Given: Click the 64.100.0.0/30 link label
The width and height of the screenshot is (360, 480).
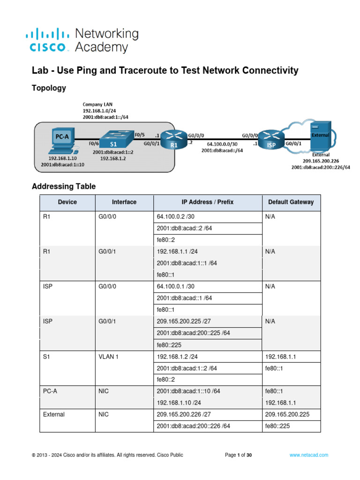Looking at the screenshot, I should pyautogui.click(x=222, y=145).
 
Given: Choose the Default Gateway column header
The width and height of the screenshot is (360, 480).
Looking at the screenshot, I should pyautogui.click(x=291, y=202).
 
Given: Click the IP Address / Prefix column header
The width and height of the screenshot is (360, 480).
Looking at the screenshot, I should pyautogui.click(x=207, y=202).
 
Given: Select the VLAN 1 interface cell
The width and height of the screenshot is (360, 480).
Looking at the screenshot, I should pyautogui.click(x=108, y=357).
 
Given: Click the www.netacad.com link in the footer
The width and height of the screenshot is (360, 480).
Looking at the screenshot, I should pyautogui.click(x=308, y=455).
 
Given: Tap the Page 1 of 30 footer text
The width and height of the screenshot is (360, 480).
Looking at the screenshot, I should pyautogui.click(x=239, y=455).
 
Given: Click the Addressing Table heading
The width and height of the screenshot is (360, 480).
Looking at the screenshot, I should pyautogui.click(x=64, y=187).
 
